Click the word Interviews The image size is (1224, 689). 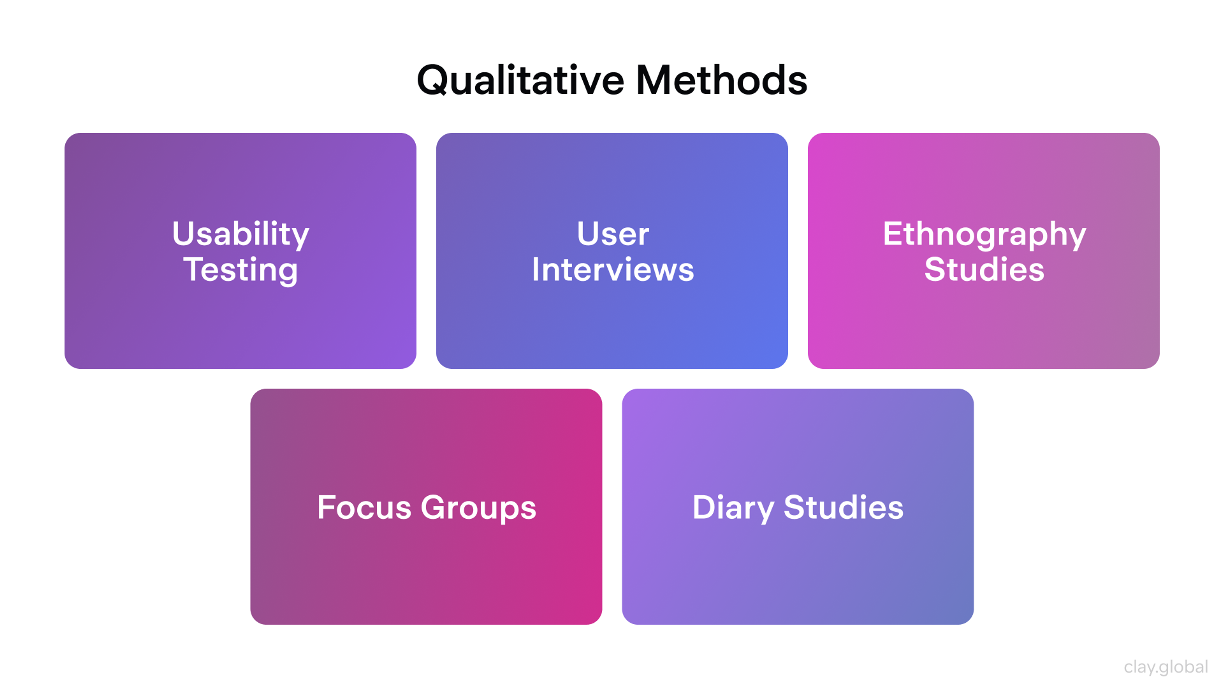point(612,270)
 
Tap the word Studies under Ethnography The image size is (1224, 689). point(984,270)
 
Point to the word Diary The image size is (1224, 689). point(733,508)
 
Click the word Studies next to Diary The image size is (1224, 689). point(843,507)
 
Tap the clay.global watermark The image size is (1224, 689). point(1166,667)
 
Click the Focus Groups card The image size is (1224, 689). point(426,571)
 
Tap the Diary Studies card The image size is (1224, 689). point(798,571)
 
